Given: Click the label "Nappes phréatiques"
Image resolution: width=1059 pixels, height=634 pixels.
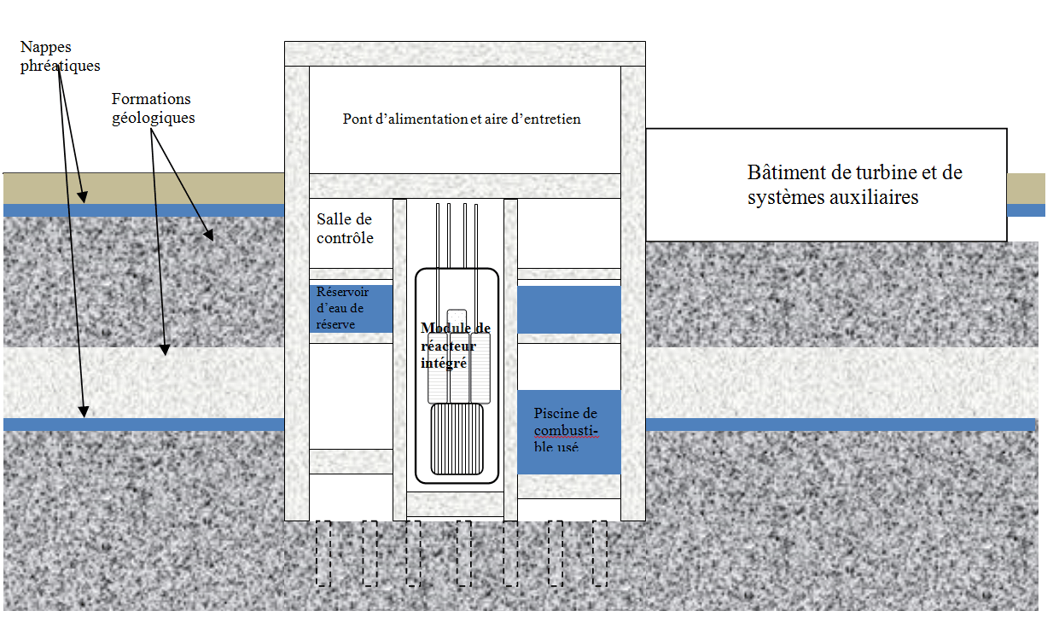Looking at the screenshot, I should (60, 56).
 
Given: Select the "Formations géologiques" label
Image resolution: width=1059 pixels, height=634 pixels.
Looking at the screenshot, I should (153, 108).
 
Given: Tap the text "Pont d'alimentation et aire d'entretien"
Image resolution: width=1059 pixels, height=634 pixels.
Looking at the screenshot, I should (462, 119).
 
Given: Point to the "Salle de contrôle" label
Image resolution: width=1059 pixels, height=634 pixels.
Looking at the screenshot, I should (345, 229).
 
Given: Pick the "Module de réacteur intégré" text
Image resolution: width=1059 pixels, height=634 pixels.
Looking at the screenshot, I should (455, 345).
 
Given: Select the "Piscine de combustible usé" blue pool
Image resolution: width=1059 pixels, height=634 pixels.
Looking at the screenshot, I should (568, 432).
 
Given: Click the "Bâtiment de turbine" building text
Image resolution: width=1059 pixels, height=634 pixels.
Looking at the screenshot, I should (854, 184).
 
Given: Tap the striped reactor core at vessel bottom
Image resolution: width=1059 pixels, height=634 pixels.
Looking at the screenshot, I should (457, 439).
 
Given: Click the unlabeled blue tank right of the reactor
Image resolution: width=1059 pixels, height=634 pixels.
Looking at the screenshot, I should (568, 309).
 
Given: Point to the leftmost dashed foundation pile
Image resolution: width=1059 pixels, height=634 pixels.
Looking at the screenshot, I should (323, 553).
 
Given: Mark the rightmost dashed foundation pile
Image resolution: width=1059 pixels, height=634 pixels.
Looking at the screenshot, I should (600, 553).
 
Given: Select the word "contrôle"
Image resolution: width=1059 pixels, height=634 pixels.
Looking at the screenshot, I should (345, 238).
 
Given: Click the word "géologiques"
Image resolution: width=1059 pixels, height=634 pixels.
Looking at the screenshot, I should (153, 118).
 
